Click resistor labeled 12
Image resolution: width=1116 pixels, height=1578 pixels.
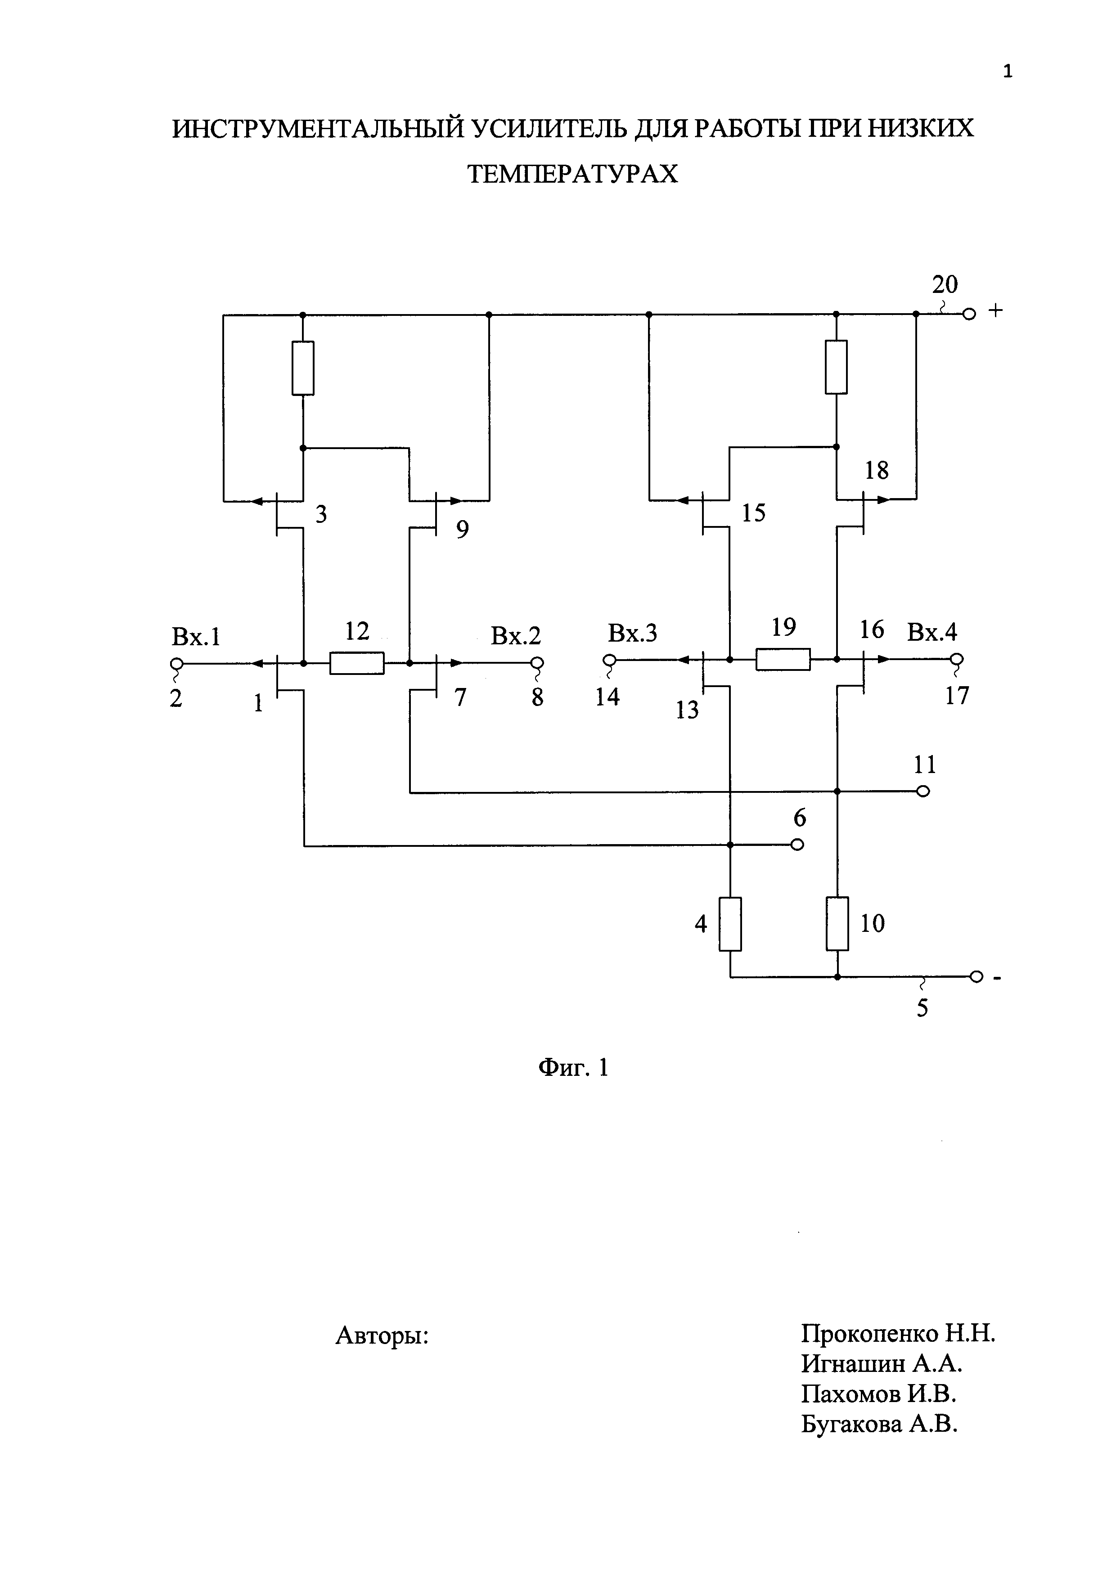[357, 663]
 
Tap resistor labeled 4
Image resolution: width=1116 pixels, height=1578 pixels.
[730, 924]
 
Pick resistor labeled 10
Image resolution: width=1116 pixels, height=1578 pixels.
[837, 924]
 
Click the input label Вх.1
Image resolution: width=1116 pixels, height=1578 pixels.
[196, 637]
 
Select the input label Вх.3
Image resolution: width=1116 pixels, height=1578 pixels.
[632, 633]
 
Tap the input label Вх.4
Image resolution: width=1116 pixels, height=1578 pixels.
[932, 632]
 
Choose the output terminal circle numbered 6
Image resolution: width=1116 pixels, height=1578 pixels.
[797, 845]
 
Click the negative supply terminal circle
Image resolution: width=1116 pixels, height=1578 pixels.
[975, 976]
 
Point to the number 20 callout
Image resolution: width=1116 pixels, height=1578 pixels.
[945, 284]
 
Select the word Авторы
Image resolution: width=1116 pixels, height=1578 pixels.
[382, 1335]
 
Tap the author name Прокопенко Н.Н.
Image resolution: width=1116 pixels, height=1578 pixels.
[897, 1334]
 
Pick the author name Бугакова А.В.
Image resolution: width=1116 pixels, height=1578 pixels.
[879, 1425]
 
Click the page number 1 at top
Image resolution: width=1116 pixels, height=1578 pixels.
[1008, 72]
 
